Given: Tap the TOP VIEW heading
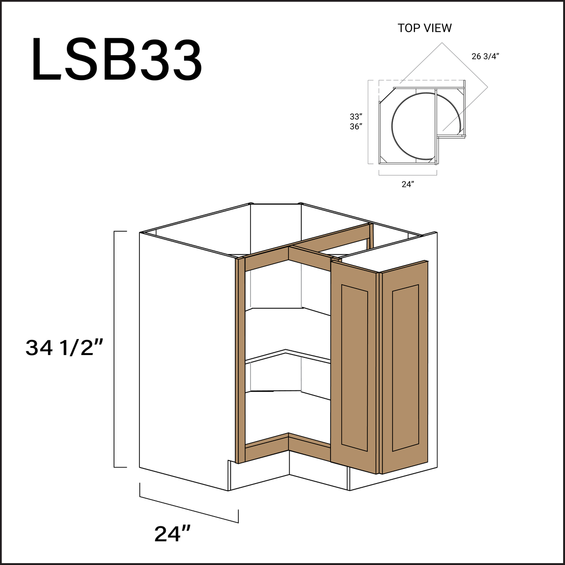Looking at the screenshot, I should tap(424, 28).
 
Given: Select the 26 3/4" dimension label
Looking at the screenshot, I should tap(485, 56).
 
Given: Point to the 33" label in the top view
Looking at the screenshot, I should tap(355, 117).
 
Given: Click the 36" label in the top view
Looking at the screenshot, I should tap(355, 127).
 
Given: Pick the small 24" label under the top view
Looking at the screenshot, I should tap(407, 185).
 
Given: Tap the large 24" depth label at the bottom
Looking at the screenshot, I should tap(172, 533).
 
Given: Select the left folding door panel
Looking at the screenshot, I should tap(354, 367).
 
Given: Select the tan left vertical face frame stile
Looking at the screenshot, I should tap(241, 358).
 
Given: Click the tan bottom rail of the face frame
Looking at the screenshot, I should tap(266, 450).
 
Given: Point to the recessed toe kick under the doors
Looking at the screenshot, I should tap(311, 466).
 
